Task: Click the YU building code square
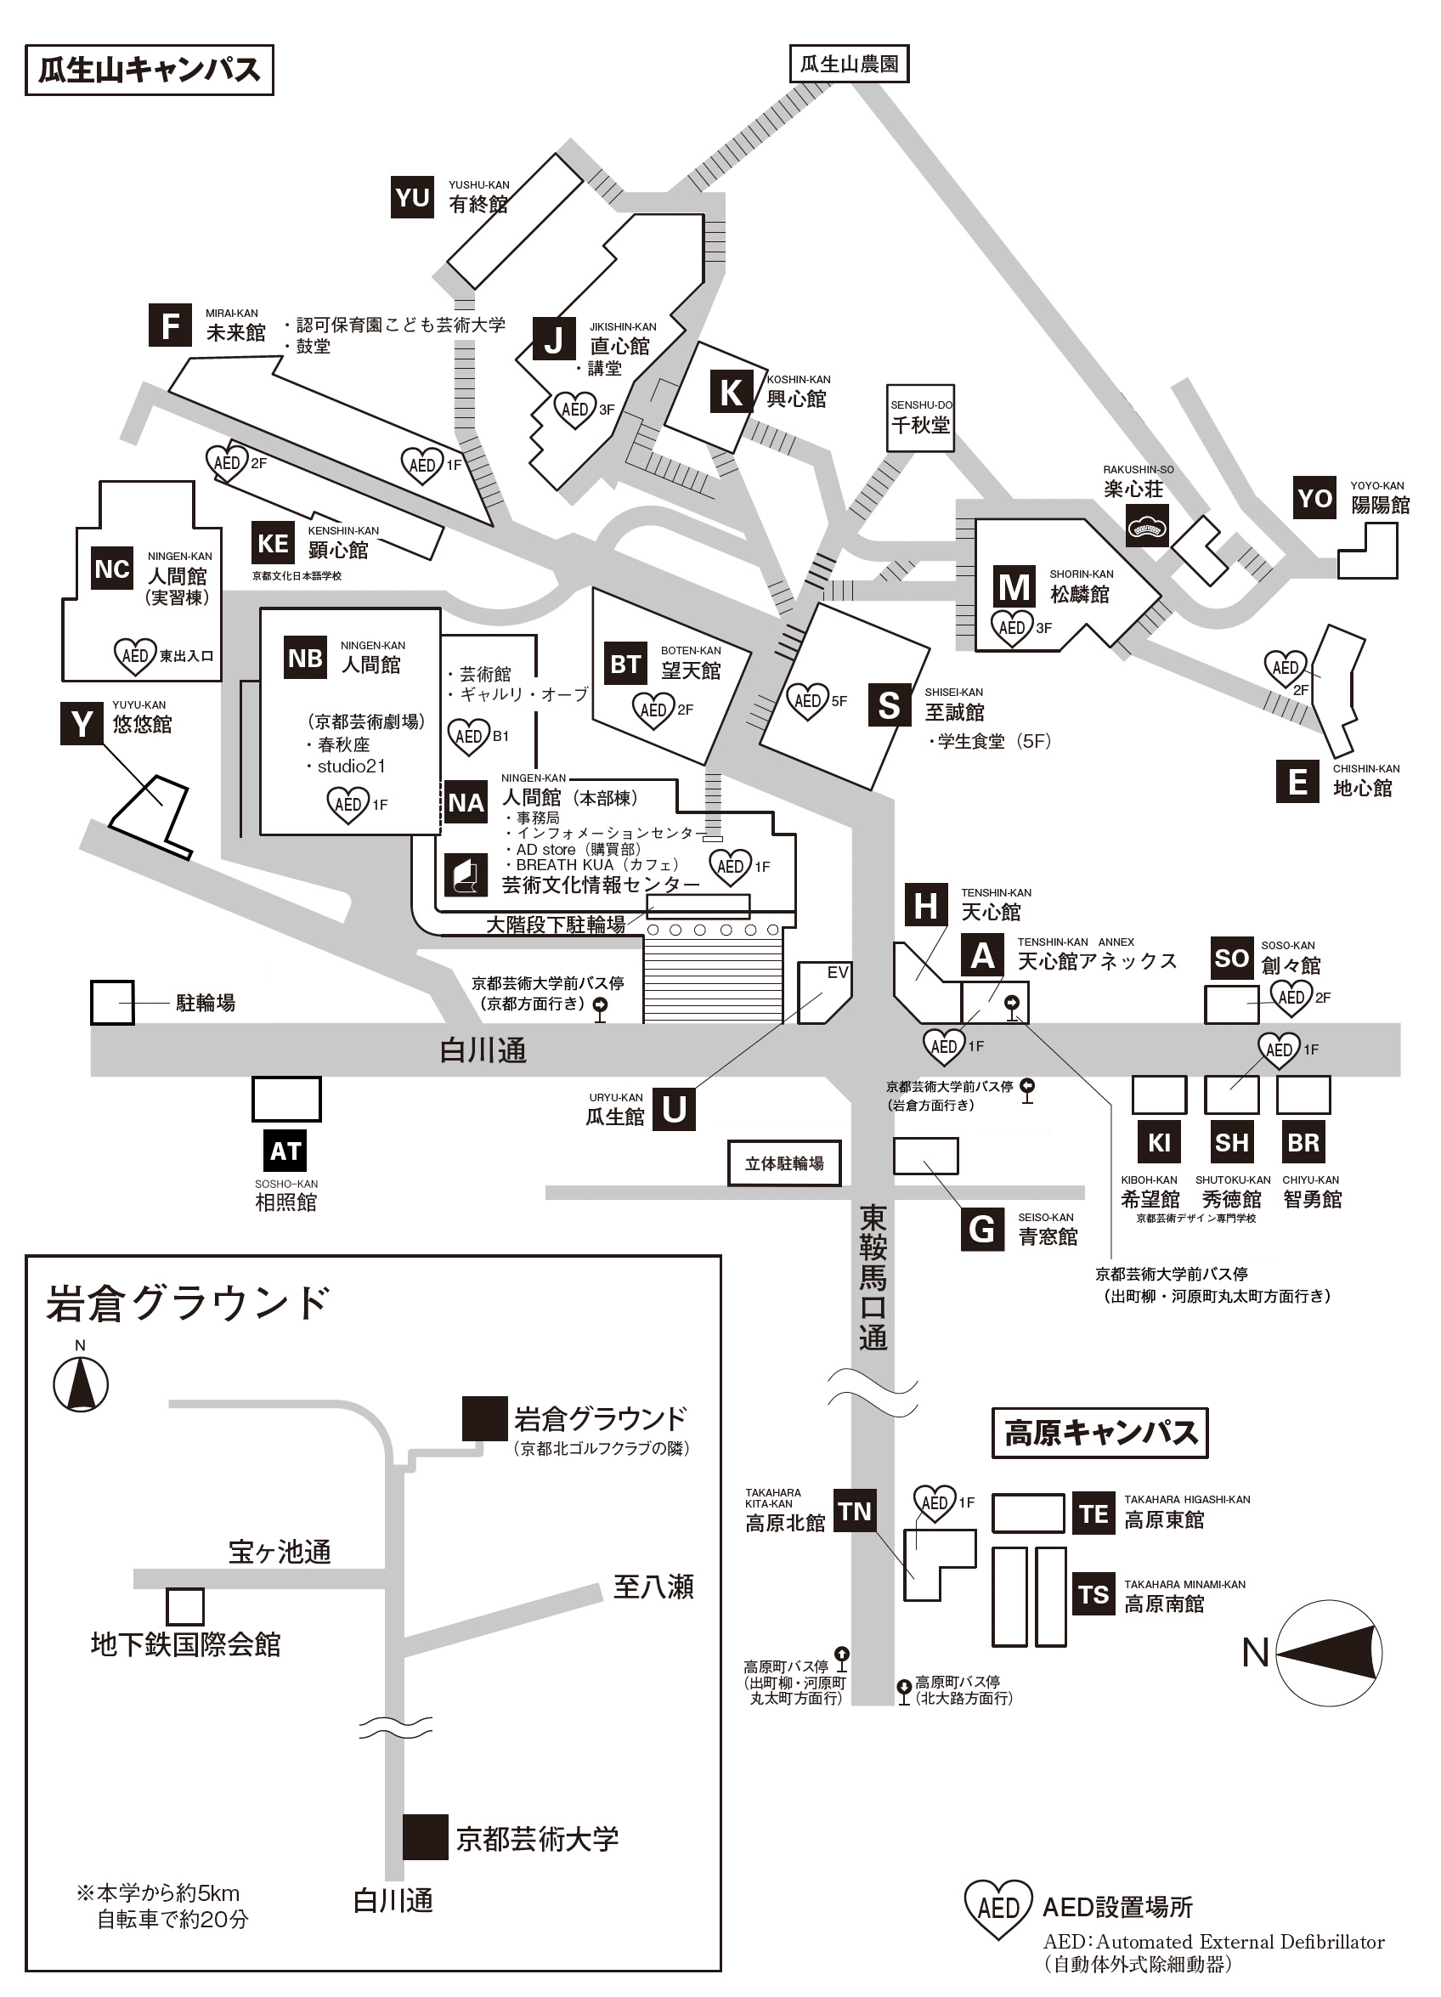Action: click(413, 197)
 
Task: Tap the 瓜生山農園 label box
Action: click(849, 65)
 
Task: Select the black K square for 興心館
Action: click(732, 393)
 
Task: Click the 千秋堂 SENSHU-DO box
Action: click(920, 418)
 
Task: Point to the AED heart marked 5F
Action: click(807, 701)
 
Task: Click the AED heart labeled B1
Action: click(468, 737)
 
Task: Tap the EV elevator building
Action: click(824, 993)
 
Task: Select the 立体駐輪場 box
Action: click(784, 1163)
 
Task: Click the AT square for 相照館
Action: click(285, 1151)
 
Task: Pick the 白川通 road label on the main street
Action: click(483, 1050)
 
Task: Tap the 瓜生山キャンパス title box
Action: click(150, 71)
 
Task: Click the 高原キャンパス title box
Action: click(1099, 1433)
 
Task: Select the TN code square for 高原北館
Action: click(854, 1511)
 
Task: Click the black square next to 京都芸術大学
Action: click(426, 1836)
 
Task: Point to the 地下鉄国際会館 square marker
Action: click(185, 1607)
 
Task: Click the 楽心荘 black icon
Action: click(1148, 526)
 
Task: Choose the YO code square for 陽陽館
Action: click(1315, 497)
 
